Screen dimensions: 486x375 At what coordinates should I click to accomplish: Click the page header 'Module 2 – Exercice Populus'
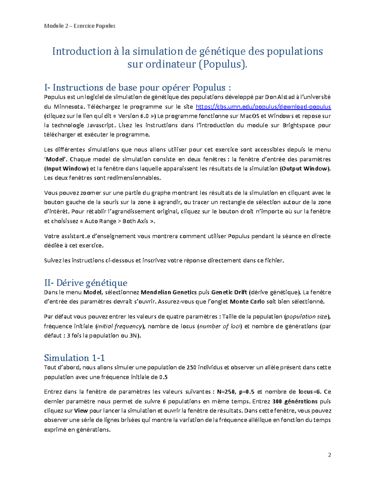(x=80, y=26)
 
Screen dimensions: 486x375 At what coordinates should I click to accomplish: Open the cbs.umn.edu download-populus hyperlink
(x=263, y=107)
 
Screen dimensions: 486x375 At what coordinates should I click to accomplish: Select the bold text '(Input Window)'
(x=66, y=169)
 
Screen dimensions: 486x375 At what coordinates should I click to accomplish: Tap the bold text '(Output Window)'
(x=305, y=169)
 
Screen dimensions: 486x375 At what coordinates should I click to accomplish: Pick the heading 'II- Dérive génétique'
(x=86, y=283)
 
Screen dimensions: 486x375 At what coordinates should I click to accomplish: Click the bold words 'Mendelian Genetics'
(x=169, y=293)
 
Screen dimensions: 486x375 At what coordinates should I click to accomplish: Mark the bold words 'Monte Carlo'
(x=247, y=302)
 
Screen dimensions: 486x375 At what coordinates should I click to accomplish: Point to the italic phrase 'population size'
(x=307, y=317)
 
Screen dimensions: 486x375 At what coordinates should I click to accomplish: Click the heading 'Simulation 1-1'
(x=74, y=358)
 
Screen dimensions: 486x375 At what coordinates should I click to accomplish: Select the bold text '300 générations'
(x=295, y=402)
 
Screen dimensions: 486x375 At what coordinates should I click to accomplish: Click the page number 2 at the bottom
(x=329, y=455)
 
